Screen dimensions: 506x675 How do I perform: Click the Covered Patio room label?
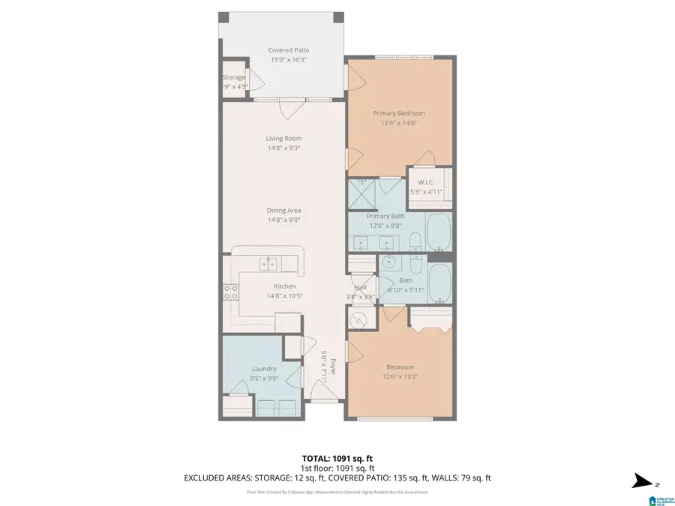tap(289, 50)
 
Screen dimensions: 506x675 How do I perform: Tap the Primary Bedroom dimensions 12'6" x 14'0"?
tap(398, 124)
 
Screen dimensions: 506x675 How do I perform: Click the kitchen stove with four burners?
tap(229, 292)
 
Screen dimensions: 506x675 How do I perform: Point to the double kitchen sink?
tap(268, 263)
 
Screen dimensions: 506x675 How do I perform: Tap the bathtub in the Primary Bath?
tap(438, 232)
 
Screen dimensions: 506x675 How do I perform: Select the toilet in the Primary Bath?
tap(415, 242)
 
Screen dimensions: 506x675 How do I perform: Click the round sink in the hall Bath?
tap(388, 262)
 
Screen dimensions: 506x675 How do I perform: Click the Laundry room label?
tap(264, 368)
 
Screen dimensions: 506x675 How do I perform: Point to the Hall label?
tap(361, 287)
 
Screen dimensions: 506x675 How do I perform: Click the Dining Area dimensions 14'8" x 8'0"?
tap(283, 220)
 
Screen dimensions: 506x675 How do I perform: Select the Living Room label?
tap(283, 138)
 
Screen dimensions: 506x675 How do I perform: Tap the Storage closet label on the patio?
tap(233, 77)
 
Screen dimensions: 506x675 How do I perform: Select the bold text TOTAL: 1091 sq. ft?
tap(337, 457)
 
